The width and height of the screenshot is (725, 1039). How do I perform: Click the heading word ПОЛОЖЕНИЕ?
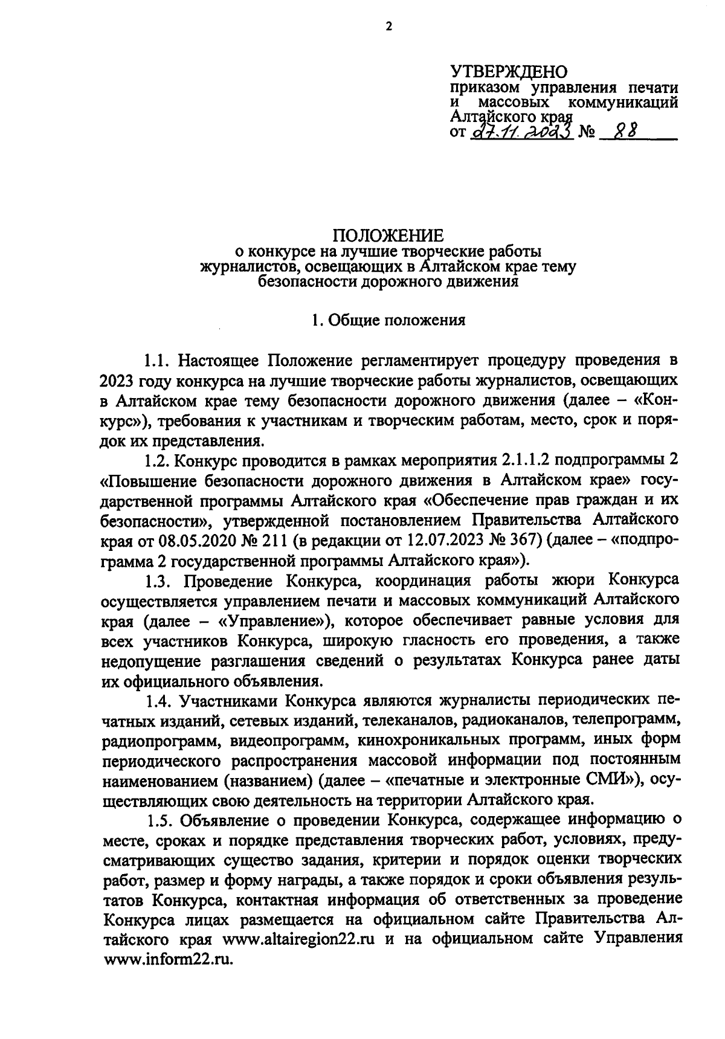388,236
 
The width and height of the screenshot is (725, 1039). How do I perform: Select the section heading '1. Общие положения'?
388,320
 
